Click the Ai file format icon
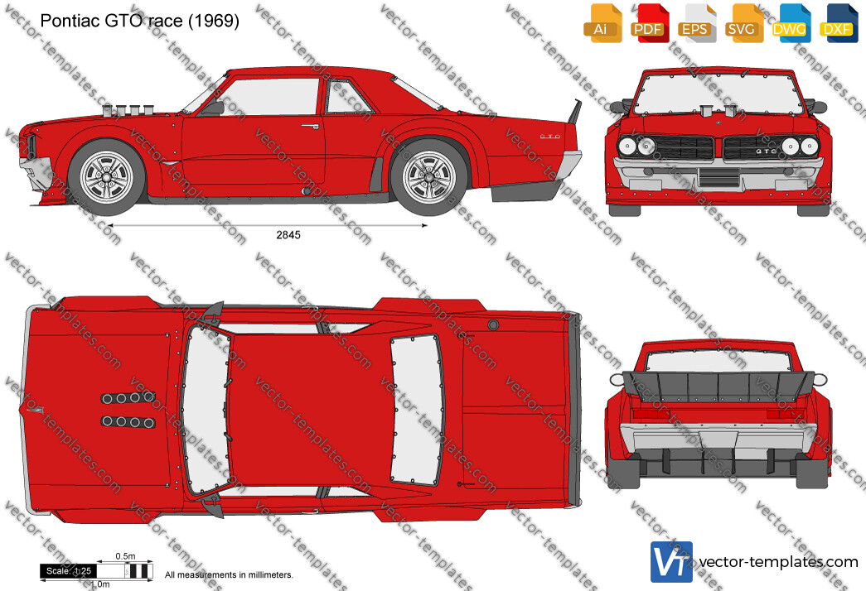click(x=602, y=23)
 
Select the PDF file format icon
click(x=650, y=23)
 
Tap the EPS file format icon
click(x=696, y=23)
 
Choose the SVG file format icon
click(x=743, y=23)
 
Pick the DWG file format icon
click(x=791, y=23)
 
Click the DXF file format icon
click(x=839, y=23)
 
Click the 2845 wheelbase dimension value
click(x=288, y=235)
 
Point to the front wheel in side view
click(x=107, y=177)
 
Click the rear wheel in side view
click(x=429, y=177)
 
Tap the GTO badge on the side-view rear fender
click(x=550, y=137)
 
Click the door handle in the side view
click(x=311, y=126)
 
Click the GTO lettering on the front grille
click(x=766, y=151)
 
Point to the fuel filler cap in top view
click(x=493, y=324)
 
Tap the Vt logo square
click(x=671, y=562)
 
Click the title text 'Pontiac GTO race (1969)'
click(x=140, y=21)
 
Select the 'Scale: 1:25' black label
click(x=69, y=571)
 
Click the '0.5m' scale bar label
click(x=125, y=556)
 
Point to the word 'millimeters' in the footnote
click(x=271, y=575)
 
